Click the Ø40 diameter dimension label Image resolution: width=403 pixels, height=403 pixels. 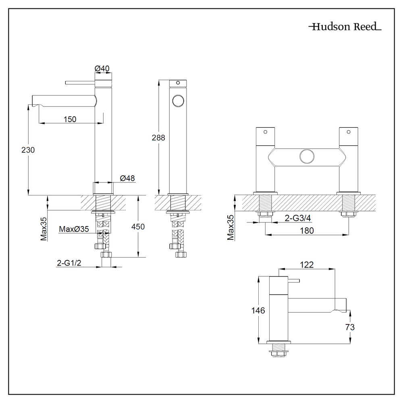(102, 69)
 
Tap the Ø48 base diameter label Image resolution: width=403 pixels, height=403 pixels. (127, 178)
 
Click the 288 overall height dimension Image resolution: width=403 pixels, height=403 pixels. (158, 137)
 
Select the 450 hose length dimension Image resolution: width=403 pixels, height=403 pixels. (138, 226)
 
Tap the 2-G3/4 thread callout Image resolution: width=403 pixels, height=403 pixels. (297, 218)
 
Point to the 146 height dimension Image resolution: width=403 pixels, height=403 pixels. (258, 310)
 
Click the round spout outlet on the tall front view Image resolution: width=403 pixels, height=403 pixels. (178, 100)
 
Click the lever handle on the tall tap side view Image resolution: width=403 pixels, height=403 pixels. (79, 83)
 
